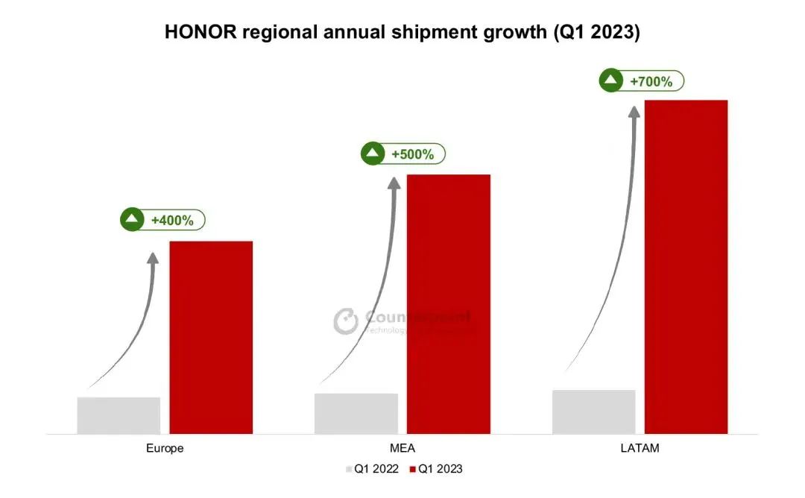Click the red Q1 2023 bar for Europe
point(211,337)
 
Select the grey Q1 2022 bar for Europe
point(119,415)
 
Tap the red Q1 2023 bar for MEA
point(448,304)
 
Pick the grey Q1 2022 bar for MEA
point(356,413)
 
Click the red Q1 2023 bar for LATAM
point(686,266)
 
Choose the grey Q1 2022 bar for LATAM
point(593,412)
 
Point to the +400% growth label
point(172,221)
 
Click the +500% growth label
point(412,154)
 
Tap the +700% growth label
point(651,81)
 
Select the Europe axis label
point(165,449)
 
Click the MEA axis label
point(402,449)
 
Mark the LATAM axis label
point(640,449)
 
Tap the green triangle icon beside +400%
point(133,220)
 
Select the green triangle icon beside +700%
point(611,81)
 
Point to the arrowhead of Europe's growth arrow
point(153,258)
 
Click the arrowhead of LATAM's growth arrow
point(634,111)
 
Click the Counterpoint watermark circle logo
point(346,321)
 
